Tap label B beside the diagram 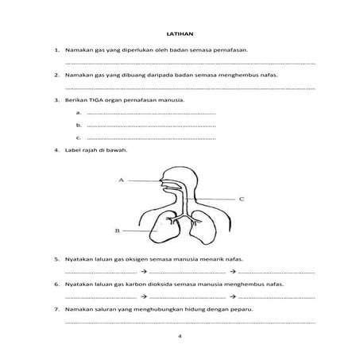click(118, 231)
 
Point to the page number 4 click(180, 335)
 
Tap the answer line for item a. click(151, 114)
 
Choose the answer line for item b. click(151, 126)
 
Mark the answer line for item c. click(151, 137)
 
